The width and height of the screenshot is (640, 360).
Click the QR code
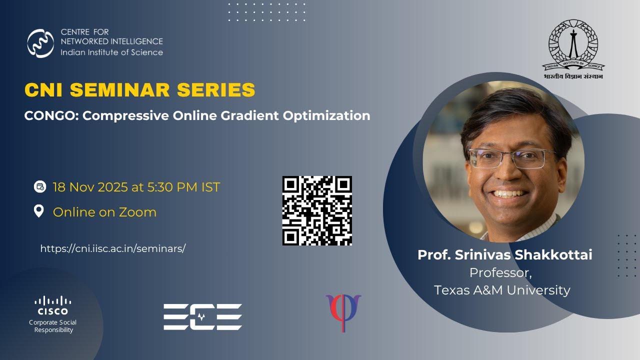point(317,210)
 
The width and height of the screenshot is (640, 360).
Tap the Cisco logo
point(53,305)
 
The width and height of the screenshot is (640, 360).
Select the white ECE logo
point(203,317)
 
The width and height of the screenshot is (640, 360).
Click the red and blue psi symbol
point(343,312)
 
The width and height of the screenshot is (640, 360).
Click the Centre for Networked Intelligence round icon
point(40,43)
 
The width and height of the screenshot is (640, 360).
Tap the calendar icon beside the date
point(39,187)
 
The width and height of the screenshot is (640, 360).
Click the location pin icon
point(39,211)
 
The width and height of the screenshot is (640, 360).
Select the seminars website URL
point(113,248)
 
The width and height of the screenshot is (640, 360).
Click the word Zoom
point(137,212)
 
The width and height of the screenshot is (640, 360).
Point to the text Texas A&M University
point(502,290)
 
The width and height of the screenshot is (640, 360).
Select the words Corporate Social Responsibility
point(53,326)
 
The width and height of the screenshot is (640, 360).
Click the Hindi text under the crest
point(573,76)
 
